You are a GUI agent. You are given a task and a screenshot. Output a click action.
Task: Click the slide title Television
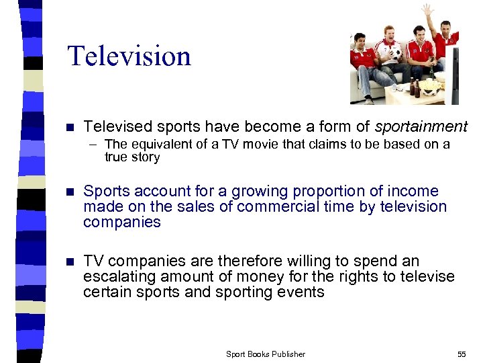tap(129, 55)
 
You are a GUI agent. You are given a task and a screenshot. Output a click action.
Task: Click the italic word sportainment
tap(421, 126)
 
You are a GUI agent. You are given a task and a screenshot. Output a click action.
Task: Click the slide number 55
tap(462, 354)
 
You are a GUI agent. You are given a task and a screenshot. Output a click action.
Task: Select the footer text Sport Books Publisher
tap(266, 354)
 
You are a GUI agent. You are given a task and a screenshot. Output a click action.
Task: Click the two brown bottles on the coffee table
tap(414, 87)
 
